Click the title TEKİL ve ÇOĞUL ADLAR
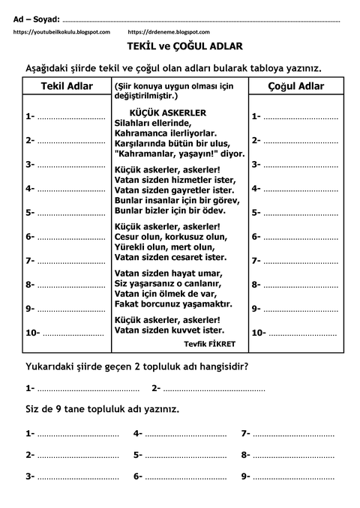(x=180, y=46)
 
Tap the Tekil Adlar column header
(x=67, y=87)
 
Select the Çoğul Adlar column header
(x=295, y=87)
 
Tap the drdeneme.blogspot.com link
(x=168, y=32)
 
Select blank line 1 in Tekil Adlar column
(x=71, y=117)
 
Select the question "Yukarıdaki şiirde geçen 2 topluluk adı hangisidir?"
(x=137, y=367)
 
